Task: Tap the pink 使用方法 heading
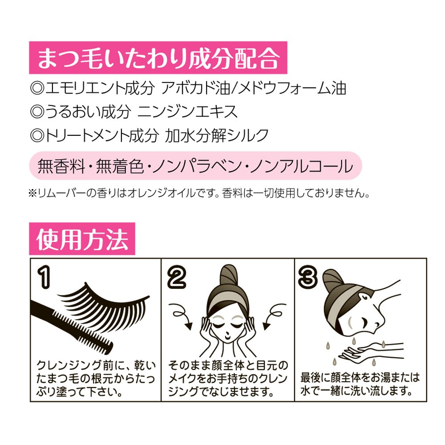pos(82,239)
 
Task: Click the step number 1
pos(44,277)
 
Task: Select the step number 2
pos(177,277)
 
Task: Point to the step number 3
pos(308,277)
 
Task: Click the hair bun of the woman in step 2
pos(229,277)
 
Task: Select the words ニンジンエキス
pos(187,112)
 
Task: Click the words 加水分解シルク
pos(217,135)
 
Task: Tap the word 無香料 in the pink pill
pos(61,166)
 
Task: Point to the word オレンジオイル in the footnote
pos(161,194)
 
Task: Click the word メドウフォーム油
pos(292,88)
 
